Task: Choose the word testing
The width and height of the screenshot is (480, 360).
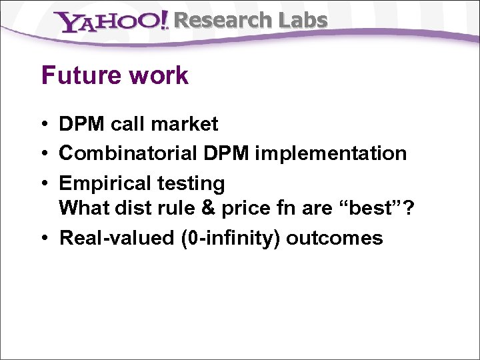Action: pyautogui.click(x=191, y=183)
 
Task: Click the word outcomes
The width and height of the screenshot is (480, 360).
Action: pyautogui.click(x=335, y=238)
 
